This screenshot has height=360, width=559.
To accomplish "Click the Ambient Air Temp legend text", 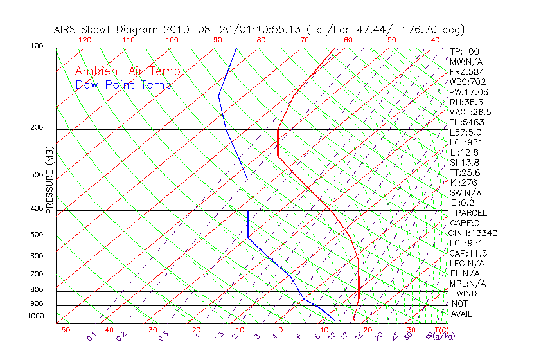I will pos(127,71).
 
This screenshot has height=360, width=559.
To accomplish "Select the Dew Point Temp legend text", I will pos(123,85).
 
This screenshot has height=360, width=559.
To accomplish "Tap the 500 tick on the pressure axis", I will pos(37,235).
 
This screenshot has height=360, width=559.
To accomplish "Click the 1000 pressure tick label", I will pos(36,316).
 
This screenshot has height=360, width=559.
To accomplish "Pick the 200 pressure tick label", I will pos(37,127).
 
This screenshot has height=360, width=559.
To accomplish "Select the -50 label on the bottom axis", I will pos(62,330).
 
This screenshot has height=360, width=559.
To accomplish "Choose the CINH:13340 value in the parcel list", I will pos(474,233).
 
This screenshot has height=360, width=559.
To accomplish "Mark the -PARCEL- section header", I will pos(471,213).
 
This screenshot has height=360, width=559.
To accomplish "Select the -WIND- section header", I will pos(467,293).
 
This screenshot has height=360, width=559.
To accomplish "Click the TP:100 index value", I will pos(465,51).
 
